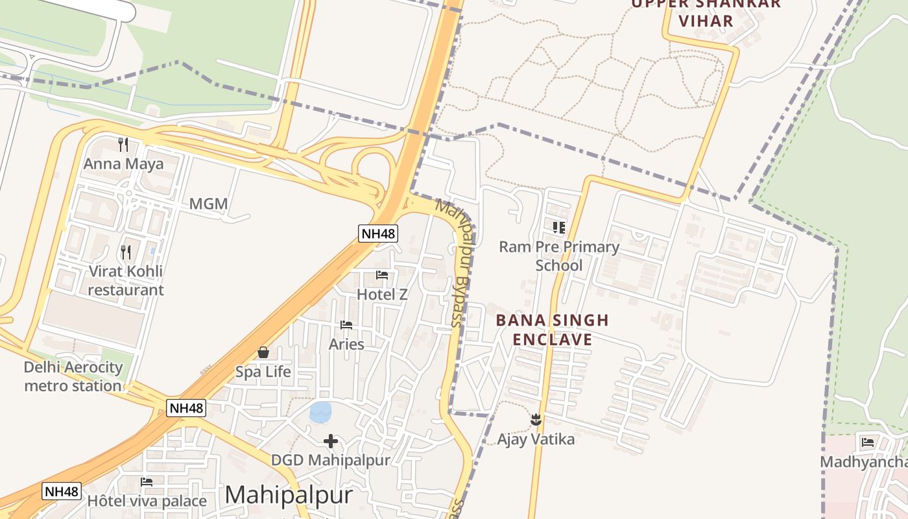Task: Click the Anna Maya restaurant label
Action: click(x=123, y=163)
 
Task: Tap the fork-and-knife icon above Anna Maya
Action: click(x=123, y=144)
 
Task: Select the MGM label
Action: click(x=208, y=204)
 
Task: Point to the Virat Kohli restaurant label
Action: click(x=126, y=280)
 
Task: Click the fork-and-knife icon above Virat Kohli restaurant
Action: click(x=126, y=252)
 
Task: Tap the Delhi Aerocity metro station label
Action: click(x=73, y=376)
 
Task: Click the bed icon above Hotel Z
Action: click(x=382, y=275)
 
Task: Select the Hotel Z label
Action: click(x=382, y=295)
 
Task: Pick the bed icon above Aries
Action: click(x=346, y=324)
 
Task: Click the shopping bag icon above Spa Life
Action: click(x=263, y=352)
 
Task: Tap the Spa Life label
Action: click(x=263, y=372)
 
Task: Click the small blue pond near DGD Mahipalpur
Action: click(x=320, y=411)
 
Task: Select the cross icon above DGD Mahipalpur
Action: click(x=331, y=441)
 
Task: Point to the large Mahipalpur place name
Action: click(x=289, y=495)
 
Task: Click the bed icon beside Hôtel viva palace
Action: click(x=147, y=482)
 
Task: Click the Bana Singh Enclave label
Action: click(x=553, y=330)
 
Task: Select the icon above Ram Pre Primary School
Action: click(x=559, y=227)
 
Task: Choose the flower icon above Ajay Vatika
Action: click(x=536, y=420)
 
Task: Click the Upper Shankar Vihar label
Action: click(x=706, y=12)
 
